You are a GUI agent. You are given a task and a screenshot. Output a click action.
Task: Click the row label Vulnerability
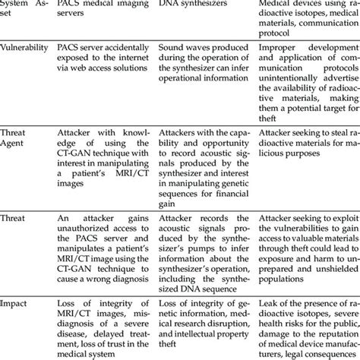(x=24, y=47)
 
